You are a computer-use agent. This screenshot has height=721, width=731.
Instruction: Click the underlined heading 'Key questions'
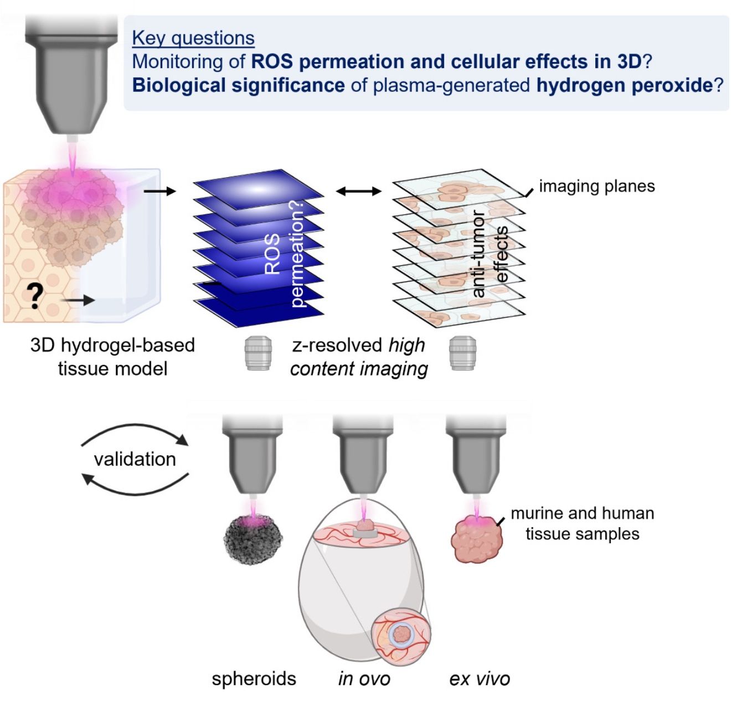click(x=193, y=38)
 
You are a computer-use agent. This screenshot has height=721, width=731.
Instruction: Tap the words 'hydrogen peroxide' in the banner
click(x=625, y=85)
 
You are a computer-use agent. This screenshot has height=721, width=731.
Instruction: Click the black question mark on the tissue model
click(x=35, y=296)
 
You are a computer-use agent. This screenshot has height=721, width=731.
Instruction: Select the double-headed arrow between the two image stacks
click(x=359, y=191)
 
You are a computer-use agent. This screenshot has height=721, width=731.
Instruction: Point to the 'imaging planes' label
click(x=597, y=186)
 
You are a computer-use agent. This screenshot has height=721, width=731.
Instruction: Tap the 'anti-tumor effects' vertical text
click(x=490, y=254)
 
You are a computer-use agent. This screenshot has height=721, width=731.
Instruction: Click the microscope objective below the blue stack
click(x=258, y=353)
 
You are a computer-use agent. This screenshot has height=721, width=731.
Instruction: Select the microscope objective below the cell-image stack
click(x=463, y=353)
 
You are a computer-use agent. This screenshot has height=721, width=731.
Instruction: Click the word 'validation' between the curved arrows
click(x=135, y=459)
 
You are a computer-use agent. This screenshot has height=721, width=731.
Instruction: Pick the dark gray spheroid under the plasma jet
click(x=253, y=539)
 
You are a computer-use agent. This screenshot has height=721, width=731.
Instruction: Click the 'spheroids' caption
click(x=254, y=679)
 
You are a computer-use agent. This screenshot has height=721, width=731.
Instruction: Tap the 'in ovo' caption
click(x=364, y=679)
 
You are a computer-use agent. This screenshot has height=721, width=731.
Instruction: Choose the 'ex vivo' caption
click(x=480, y=679)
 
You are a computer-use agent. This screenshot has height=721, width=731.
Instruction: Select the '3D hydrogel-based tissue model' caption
click(x=112, y=357)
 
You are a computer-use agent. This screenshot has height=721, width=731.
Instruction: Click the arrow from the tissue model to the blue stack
click(x=160, y=191)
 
